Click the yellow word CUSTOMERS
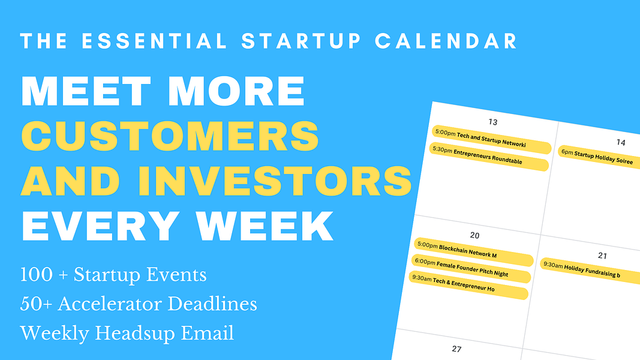point(170,136)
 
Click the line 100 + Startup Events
point(113,275)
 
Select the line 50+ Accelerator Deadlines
point(139,304)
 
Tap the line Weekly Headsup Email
point(127,332)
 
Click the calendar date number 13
point(493,122)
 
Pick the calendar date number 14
point(620,142)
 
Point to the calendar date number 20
point(474,235)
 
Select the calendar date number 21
point(602,256)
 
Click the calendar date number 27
point(456,349)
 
